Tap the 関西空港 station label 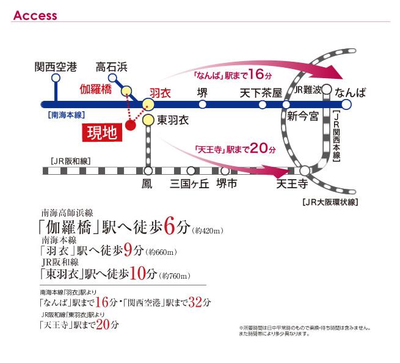tap(56, 66)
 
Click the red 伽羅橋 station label tap(96, 89)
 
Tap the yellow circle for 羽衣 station tap(147, 104)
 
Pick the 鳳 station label tap(147, 183)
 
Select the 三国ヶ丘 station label tap(190, 183)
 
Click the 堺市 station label tap(227, 183)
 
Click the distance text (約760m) tap(176, 276)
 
